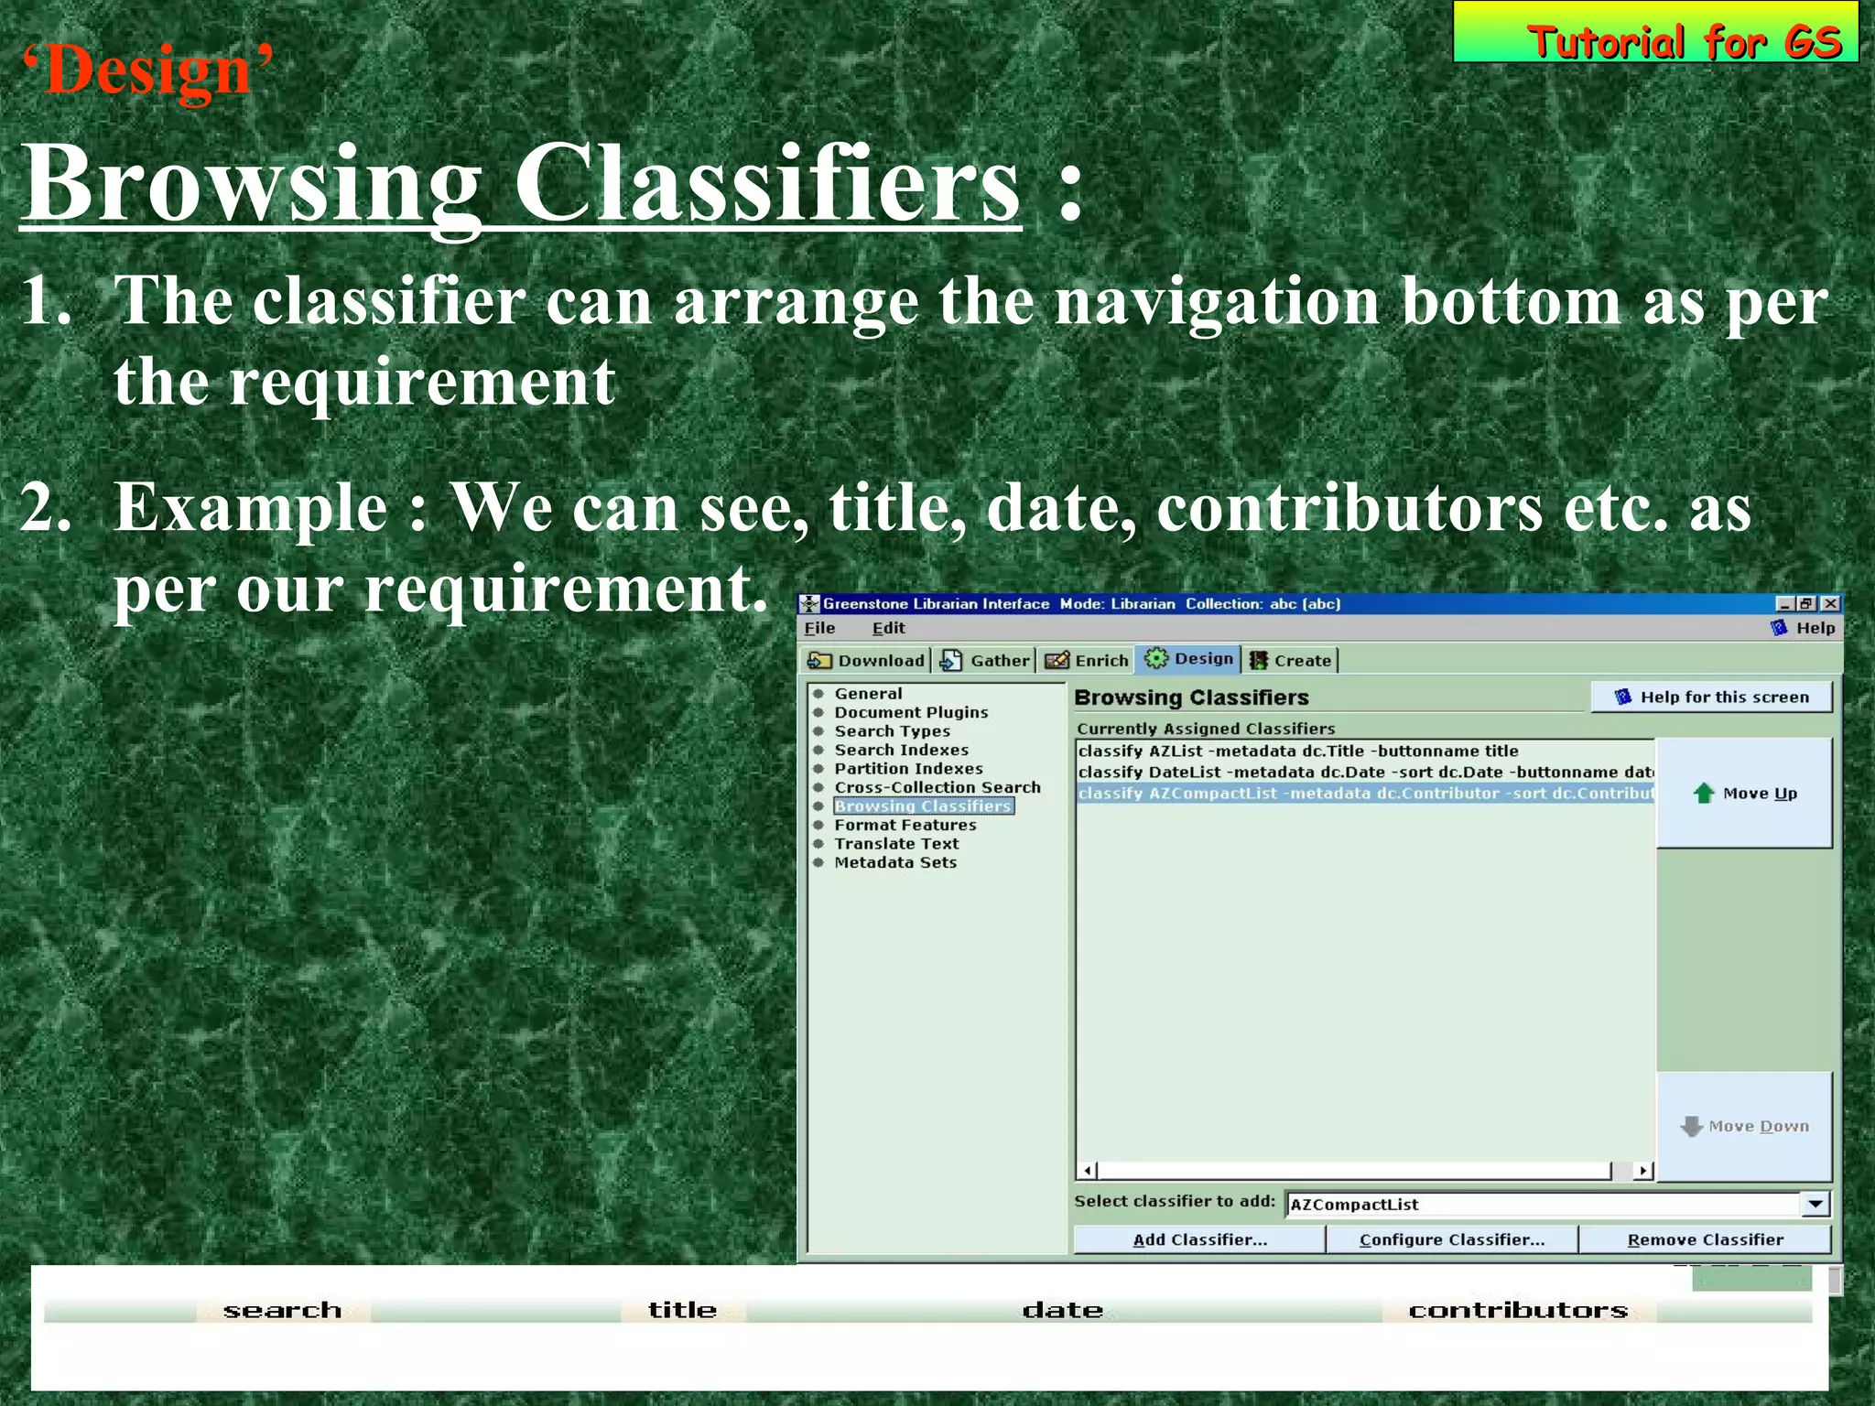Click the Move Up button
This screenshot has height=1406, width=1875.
point(1745,794)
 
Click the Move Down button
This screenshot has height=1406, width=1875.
point(1745,1126)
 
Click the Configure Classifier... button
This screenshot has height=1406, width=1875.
point(1452,1239)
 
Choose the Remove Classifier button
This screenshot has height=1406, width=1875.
point(1705,1239)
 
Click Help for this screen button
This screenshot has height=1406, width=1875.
point(1712,697)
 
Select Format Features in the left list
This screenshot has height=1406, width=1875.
point(905,825)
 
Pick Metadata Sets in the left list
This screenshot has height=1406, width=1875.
point(894,862)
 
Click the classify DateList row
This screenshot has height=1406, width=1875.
point(1364,772)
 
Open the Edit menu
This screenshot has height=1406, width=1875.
point(888,628)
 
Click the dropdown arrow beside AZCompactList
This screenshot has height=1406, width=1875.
point(1815,1204)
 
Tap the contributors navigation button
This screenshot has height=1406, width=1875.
point(1518,1310)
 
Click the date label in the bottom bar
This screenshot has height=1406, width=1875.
point(1062,1310)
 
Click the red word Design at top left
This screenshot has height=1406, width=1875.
point(146,71)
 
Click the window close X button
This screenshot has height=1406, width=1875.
point(1830,603)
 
